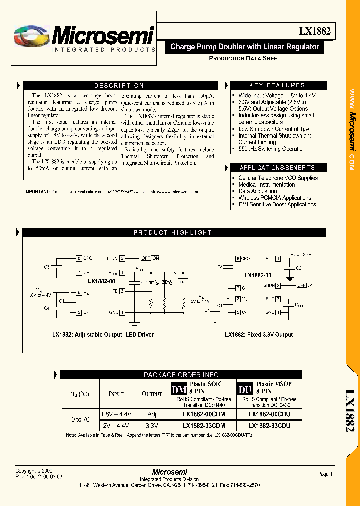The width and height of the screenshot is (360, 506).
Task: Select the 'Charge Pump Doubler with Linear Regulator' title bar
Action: (x=245, y=47)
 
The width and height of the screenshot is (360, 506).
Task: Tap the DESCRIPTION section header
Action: (x=119, y=85)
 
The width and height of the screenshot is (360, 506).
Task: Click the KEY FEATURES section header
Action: (x=277, y=85)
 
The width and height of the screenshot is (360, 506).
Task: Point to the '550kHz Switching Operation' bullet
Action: (x=272, y=149)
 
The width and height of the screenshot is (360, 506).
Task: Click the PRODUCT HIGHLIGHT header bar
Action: (x=172, y=232)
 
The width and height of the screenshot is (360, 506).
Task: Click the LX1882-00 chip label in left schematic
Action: (x=101, y=281)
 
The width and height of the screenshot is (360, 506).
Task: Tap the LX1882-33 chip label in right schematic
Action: (x=258, y=275)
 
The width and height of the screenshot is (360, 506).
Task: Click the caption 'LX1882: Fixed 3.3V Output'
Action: (x=259, y=335)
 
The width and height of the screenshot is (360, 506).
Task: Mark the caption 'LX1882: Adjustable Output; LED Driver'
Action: (x=103, y=335)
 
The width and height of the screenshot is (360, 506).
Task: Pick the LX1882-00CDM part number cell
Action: (x=203, y=414)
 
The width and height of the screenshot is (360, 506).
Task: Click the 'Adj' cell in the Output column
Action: (x=152, y=414)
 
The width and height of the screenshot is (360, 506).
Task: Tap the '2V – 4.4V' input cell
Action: (x=115, y=426)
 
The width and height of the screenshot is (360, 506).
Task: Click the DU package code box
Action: (x=245, y=388)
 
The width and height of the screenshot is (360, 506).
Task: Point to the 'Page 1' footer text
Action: (x=324, y=474)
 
